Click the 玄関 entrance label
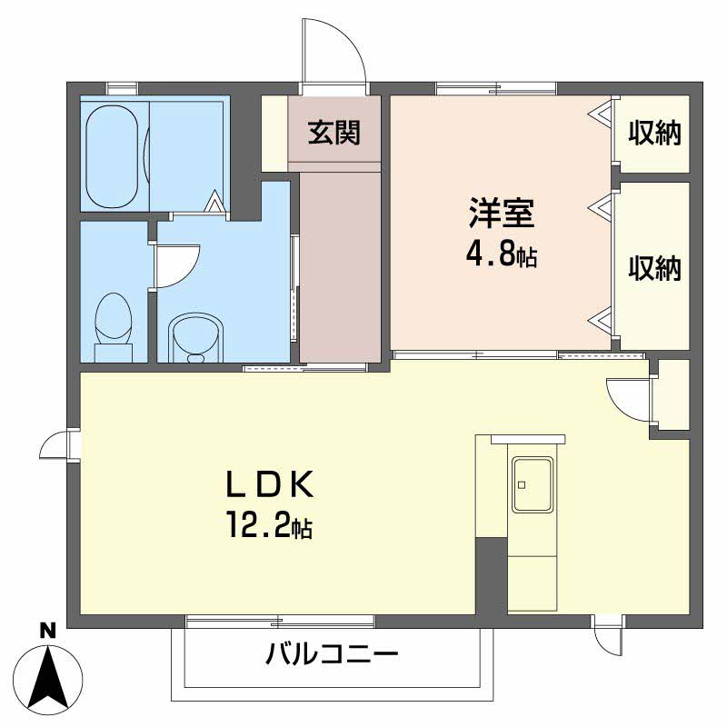334,133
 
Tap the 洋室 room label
501,215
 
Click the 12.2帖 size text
270,525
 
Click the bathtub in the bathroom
113,154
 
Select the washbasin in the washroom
195,336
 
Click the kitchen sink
532,483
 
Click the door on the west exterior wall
56,445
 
